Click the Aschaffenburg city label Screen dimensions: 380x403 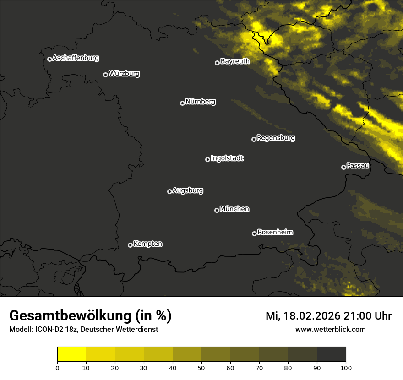76,58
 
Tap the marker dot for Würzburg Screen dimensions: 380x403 105,75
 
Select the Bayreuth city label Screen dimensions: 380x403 235,61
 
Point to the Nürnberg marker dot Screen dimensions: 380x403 182,103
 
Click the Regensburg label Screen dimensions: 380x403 276,137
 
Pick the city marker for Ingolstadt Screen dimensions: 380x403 207,159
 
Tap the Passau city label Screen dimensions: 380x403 358,166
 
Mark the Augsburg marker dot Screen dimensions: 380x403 169,191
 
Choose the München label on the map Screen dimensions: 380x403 234,209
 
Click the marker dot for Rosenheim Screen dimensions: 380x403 254,233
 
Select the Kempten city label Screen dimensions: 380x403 147,244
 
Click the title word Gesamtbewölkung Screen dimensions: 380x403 71,316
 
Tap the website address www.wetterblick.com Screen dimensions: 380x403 330,329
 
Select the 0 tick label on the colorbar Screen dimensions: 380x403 57,368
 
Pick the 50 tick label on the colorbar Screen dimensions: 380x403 201,368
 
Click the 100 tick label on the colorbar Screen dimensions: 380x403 346,368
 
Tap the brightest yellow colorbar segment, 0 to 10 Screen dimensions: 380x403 72,354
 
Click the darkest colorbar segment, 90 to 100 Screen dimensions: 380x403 331,354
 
